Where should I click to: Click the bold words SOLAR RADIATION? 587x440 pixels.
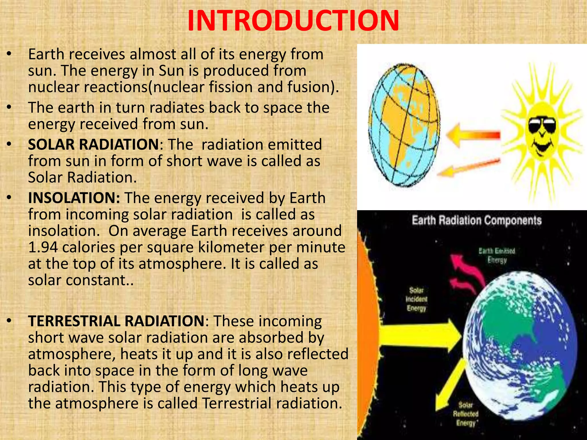pyautogui.click(x=93, y=144)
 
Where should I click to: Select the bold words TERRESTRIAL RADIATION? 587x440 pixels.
pyautogui.click(x=116, y=321)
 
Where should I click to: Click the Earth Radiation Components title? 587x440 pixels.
pyautogui.click(x=476, y=221)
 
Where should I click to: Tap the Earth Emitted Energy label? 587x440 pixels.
pyautogui.click(x=497, y=256)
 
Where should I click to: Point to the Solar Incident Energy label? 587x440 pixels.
pyautogui.click(x=416, y=299)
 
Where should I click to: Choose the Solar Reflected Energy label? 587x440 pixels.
pyautogui.click(x=465, y=414)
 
